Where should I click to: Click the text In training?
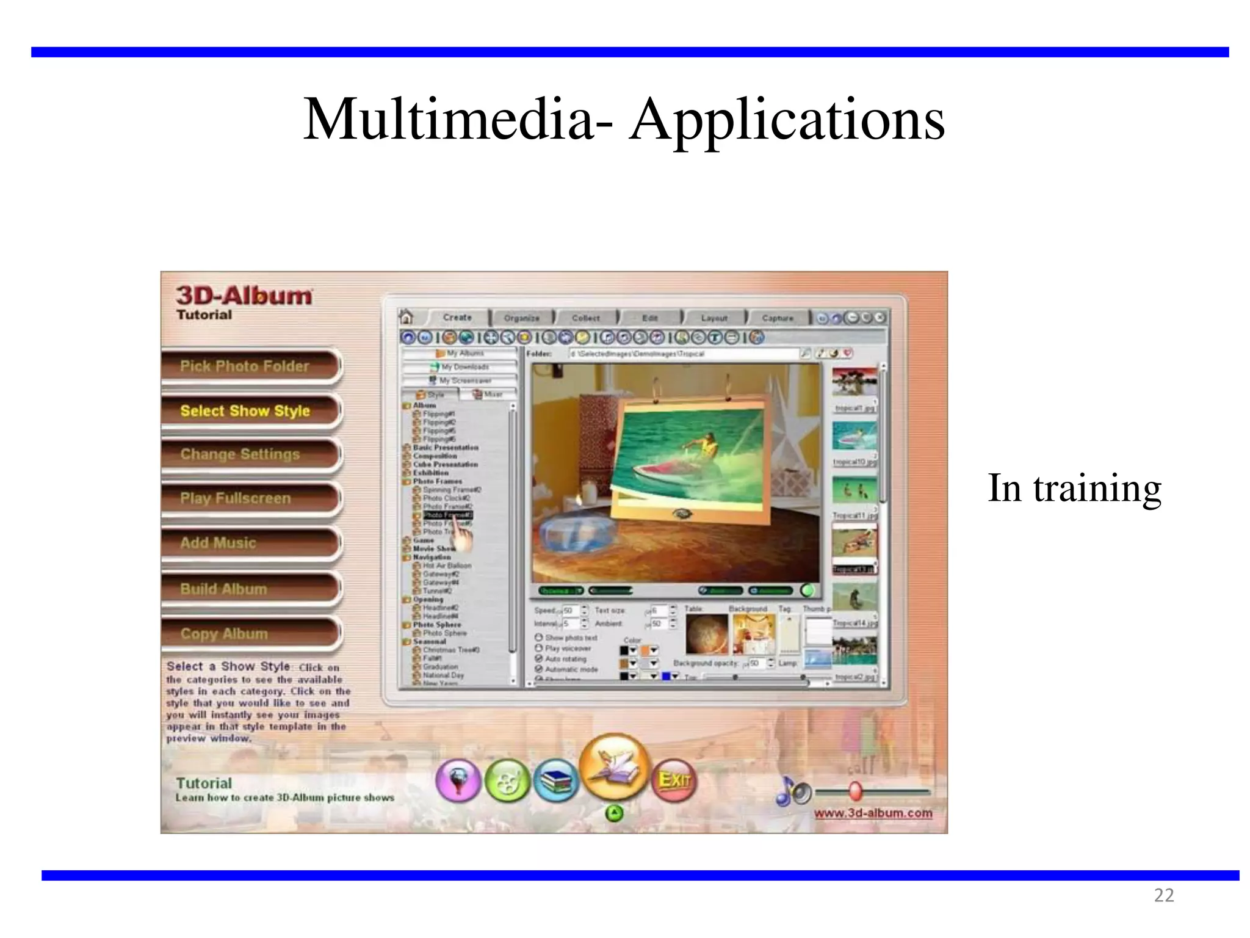tap(1074, 489)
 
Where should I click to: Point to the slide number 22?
tap(1163, 895)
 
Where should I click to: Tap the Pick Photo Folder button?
tap(245, 366)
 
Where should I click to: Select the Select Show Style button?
tap(245, 411)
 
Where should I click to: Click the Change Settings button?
tap(240, 454)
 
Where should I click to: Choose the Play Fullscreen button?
tap(236, 498)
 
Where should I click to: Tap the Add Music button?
tap(219, 543)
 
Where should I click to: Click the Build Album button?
tap(223, 589)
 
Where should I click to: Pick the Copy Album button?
tap(224, 634)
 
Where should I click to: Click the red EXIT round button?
tap(674, 780)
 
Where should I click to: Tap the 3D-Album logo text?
tap(244, 296)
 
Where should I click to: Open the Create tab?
tap(457, 318)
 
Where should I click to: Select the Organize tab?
tap(522, 318)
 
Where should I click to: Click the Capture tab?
tap(778, 318)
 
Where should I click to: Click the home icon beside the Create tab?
tap(406, 317)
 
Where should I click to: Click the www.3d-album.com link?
tap(873, 813)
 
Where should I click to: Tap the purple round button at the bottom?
tap(458, 780)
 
